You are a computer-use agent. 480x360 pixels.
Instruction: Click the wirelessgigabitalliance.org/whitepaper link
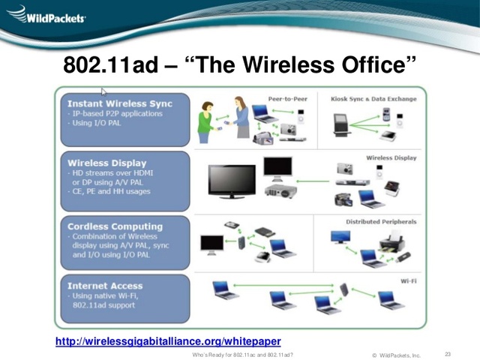[169, 342]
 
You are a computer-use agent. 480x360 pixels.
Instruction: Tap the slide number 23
[448, 354]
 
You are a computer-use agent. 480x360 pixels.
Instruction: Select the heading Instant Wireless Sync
[119, 103]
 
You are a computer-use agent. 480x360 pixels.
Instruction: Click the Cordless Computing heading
[115, 226]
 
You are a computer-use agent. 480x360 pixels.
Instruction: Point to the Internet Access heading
[105, 286]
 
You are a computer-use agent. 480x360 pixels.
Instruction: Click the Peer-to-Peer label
[287, 98]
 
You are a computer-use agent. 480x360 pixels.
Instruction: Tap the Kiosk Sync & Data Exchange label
[373, 98]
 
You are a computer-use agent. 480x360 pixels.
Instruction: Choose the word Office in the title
[372, 66]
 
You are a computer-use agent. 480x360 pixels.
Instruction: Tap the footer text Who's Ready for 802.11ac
[241, 354]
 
